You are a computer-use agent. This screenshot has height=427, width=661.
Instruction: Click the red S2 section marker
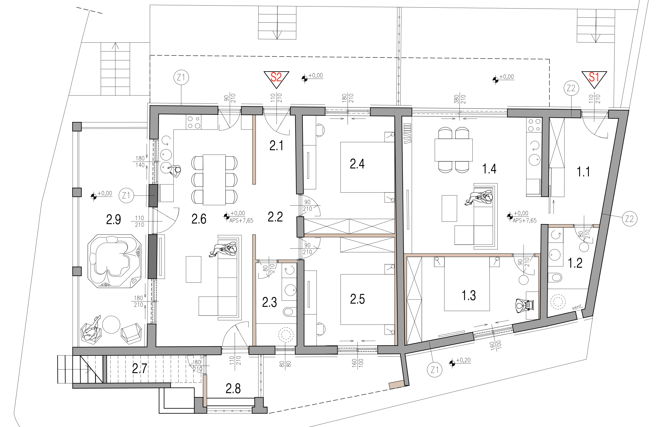pos(276,79)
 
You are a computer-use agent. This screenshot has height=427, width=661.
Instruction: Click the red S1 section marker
pos(594,79)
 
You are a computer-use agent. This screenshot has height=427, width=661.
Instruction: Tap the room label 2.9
pos(114,219)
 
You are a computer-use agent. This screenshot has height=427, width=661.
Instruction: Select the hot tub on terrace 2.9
pos(114,261)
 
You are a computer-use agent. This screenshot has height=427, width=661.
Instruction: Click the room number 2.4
pos(357,164)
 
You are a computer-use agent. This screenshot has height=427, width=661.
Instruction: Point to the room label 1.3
pos(469,295)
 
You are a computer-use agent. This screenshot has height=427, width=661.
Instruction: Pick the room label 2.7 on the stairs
pos(139,368)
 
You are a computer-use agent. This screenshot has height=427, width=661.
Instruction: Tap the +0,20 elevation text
pos(463,360)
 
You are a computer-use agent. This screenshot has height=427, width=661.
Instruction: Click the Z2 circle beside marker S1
pos(571,88)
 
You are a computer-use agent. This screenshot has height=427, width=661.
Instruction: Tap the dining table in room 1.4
pos(454,150)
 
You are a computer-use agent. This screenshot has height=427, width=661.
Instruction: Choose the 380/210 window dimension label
pos(460,99)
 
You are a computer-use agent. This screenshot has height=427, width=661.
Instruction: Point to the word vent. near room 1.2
pos(577,307)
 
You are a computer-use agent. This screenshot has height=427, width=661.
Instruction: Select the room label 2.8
pos(233,388)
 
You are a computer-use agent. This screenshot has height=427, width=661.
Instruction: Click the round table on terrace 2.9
pos(111,325)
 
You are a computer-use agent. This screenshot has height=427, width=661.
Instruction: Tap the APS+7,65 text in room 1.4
pos(524,221)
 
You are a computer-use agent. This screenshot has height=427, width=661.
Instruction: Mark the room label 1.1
pos(583,172)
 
